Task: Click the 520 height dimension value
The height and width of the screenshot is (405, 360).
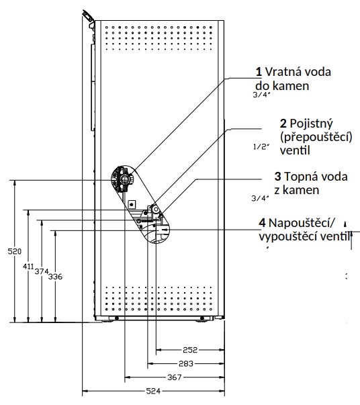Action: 15,251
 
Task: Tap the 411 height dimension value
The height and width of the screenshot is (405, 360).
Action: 28,266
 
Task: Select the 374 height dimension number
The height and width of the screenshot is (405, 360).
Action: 42,271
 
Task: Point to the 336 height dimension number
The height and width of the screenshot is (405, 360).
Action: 55,277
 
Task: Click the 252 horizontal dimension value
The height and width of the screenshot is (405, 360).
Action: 190,350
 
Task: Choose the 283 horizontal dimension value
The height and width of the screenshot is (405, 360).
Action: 186,363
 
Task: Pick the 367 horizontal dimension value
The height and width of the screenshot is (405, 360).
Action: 175,377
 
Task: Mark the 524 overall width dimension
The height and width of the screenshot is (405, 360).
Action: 153,391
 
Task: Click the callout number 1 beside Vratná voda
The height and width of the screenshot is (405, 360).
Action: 259,72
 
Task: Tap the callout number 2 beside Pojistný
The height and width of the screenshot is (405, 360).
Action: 283,124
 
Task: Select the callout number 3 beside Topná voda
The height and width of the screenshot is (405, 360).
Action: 277,177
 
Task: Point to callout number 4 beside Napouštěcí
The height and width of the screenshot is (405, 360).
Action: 262,222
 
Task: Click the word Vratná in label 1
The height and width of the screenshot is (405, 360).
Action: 281,72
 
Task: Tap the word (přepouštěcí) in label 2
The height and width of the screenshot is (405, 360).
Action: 316,137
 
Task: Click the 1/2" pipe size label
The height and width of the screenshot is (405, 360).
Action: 261,146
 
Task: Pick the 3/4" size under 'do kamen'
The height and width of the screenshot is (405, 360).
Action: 261,95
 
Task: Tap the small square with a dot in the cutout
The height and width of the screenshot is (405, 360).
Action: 132,205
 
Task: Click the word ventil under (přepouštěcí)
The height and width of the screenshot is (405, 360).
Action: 295,150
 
